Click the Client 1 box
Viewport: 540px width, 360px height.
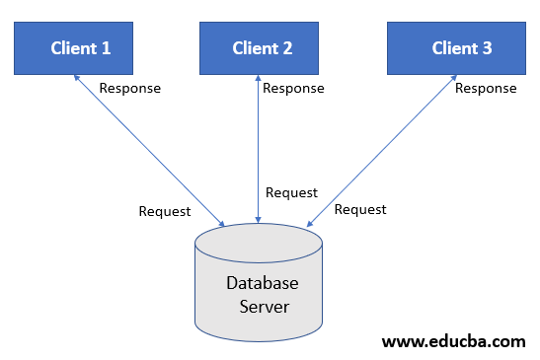click(x=81, y=48)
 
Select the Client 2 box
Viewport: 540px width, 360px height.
click(x=262, y=48)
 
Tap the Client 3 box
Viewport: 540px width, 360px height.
click(x=461, y=48)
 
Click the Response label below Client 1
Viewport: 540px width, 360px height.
click(x=129, y=88)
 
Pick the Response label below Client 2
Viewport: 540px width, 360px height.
click(x=293, y=88)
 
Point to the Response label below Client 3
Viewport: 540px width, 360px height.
click(x=486, y=88)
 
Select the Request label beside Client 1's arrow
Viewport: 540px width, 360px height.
click(x=165, y=211)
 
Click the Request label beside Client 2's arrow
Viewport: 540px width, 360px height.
click(x=292, y=192)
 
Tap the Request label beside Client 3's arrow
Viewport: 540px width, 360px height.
click(x=360, y=209)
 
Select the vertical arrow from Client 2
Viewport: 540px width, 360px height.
click(x=259, y=148)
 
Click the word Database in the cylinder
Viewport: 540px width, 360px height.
click(x=262, y=283)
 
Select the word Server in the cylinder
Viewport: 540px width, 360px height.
click(x=264, y=306)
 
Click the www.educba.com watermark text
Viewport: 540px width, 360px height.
click(x=453, y=342)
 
